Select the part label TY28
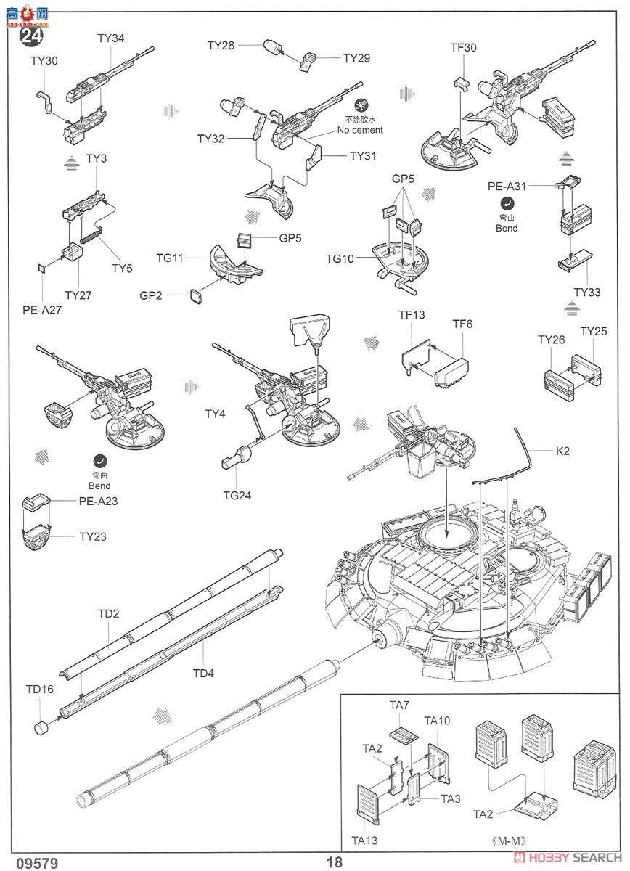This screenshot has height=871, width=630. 221,46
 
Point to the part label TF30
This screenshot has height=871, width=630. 463,48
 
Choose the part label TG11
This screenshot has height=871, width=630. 170,258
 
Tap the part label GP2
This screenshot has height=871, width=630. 152,295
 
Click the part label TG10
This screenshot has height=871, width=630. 340,258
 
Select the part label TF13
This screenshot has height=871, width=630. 412,315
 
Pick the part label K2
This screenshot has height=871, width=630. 562,451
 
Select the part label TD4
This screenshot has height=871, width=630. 203,673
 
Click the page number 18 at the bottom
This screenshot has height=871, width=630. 334,862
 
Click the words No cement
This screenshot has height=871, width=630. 360,131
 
